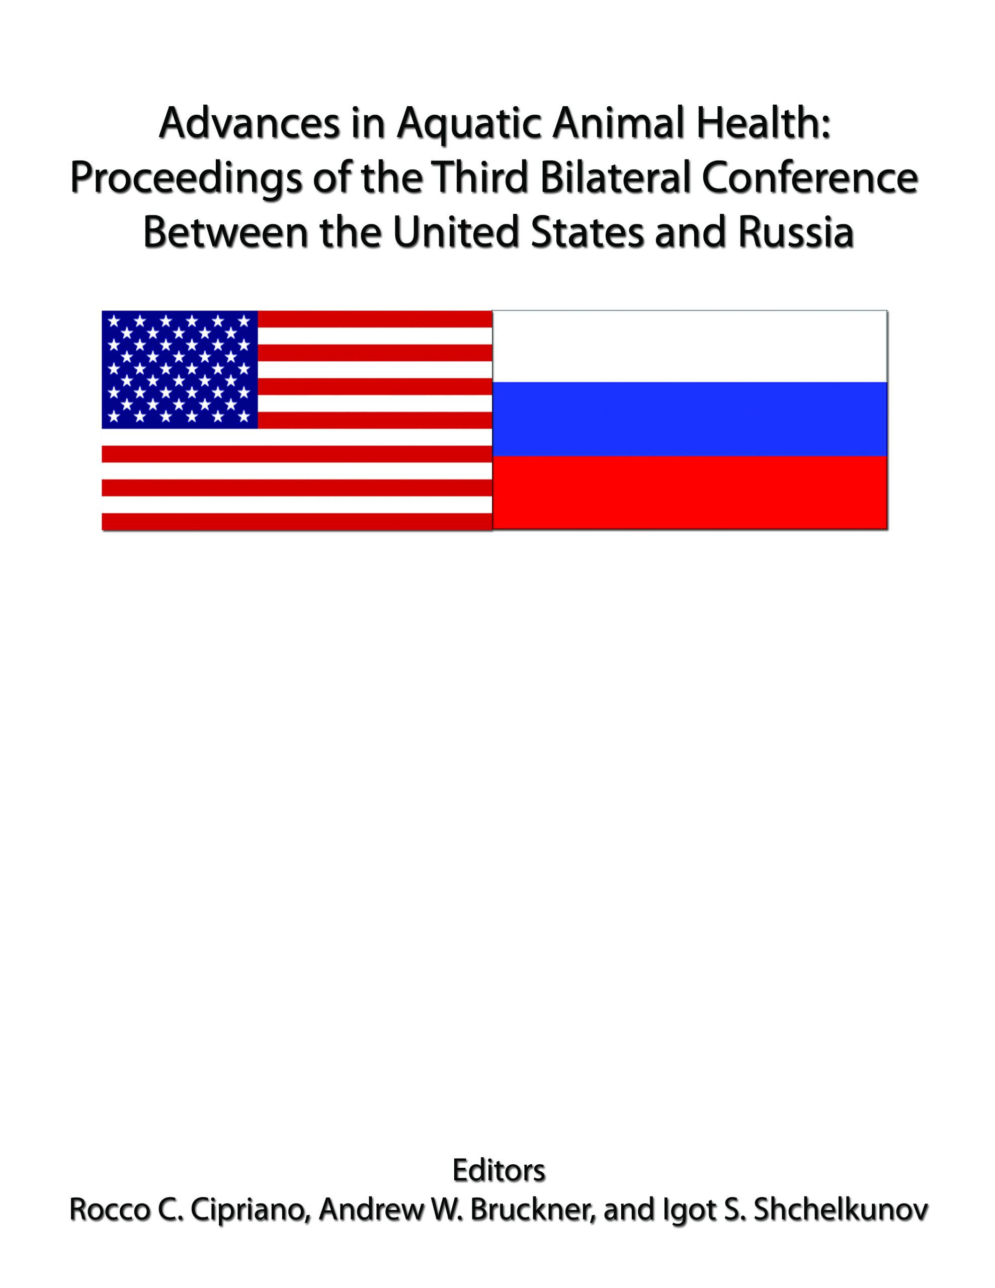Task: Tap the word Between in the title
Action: coord(225,232)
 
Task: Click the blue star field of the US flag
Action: coord(180,369)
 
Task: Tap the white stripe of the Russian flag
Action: coord(690,346)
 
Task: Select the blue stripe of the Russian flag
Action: coord(690,419)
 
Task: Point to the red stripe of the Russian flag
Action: coord(690,493)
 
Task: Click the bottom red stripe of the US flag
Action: coord(297,521)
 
